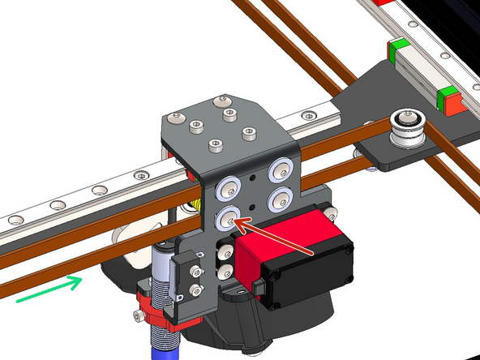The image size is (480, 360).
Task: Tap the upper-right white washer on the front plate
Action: point(281,169)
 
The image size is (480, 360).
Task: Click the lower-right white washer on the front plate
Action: point(281,197)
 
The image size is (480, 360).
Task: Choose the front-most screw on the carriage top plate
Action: point(215,145)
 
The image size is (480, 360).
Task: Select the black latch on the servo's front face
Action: point(259,287)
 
